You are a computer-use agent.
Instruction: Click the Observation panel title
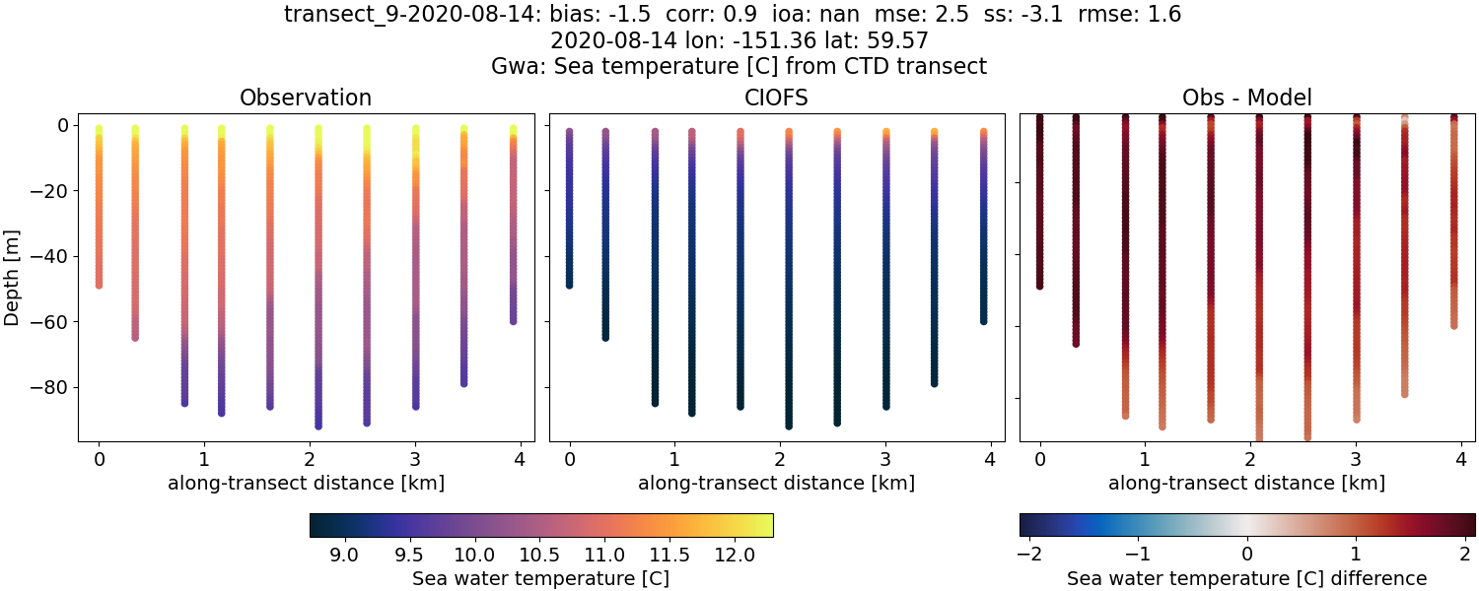click(306, 98)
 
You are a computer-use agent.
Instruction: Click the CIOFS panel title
click(776, 98)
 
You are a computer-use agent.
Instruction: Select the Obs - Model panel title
click(1246, 98)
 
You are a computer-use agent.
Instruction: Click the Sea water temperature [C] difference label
click(1247, 578)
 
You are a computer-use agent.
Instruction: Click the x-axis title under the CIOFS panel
click(776, 484)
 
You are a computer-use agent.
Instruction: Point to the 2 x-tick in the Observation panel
click(310, 459)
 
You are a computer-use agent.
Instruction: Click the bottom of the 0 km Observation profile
click(99, 285)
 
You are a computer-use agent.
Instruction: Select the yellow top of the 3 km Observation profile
click(415, 130)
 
